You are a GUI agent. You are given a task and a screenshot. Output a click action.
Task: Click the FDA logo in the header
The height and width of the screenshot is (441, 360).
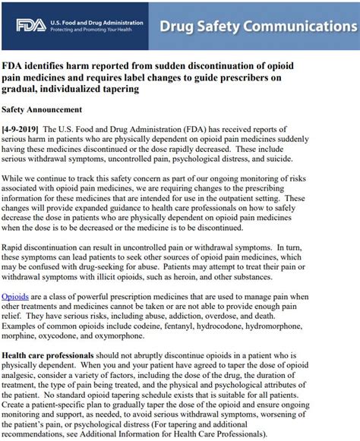pyautogui.click(x=31, y=25)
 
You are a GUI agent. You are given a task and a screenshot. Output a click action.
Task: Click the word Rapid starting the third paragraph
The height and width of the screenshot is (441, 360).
pyautogui.click(x=16, y=242)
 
